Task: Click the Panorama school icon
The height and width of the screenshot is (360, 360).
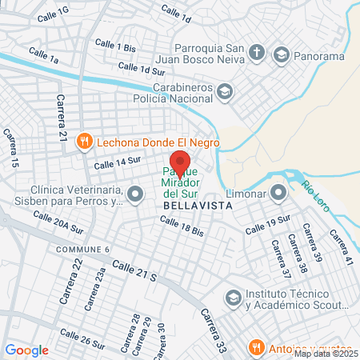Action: pyautogui.click(x=281, y=54)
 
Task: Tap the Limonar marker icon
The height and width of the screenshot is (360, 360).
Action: pyautogui.click(x=278, y=192)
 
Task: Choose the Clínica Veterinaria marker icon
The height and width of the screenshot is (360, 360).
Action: pyautogui.click(x=136, y=193)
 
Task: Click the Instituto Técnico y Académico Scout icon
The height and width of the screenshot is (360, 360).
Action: pyautogui.click(x=233, y=298)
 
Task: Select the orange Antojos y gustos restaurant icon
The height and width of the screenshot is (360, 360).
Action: pyautogui.click(x=256, y=347)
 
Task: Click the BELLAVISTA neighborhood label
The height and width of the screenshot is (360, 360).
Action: pyautogui.click(x=197, y=206)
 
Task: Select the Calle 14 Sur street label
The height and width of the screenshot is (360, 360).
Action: pyautogui.click(x=118, y=163)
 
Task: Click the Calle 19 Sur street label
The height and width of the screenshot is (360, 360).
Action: pyautogui.click(x=266, y=225)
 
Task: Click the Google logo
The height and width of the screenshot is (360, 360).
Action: pyautogui.click(x=27, y=350)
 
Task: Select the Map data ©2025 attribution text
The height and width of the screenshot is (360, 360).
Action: pyautogui.click(x=326, y=354)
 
